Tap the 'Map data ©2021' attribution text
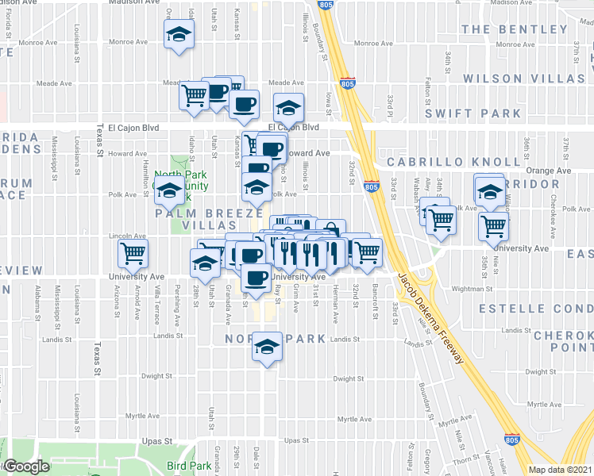tap(560, 470)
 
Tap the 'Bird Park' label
tap(188, 466)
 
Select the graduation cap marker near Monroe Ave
tap(179, 35)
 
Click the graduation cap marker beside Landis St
tap(265, 347)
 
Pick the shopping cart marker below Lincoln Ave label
tap(133, 253)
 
